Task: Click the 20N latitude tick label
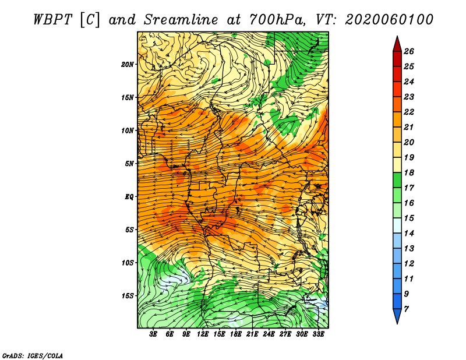pos(128,64)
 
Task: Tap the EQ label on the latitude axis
pos(129,196)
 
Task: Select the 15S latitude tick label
pos(128,296)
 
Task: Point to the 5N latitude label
pos(129,164)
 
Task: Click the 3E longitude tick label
pos(153,334)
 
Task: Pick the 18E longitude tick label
pos(236,334)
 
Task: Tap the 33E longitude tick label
pos(318,334)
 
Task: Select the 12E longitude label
pos(203,334)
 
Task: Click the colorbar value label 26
pos(409,51)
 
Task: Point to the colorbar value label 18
pos(409,172)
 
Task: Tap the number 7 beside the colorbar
pos(406,309)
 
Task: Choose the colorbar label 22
pos(409,112)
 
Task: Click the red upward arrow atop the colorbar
pos(397,44)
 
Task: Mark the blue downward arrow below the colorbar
pos(397,316)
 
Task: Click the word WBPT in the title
pos(53,20)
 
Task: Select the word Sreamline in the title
pos(181,20)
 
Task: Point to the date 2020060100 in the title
pos(389,20)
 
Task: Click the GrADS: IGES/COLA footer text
pos(33,355)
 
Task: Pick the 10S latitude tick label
pos(128,263)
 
